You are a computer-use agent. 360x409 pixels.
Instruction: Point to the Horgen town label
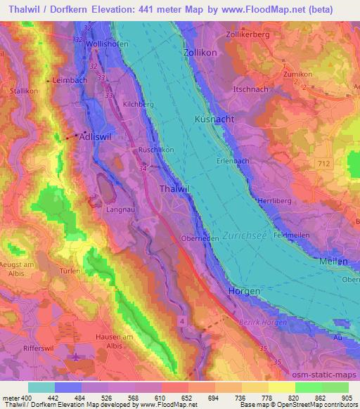(245, 291)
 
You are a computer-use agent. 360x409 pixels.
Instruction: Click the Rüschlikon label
(155, 150)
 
